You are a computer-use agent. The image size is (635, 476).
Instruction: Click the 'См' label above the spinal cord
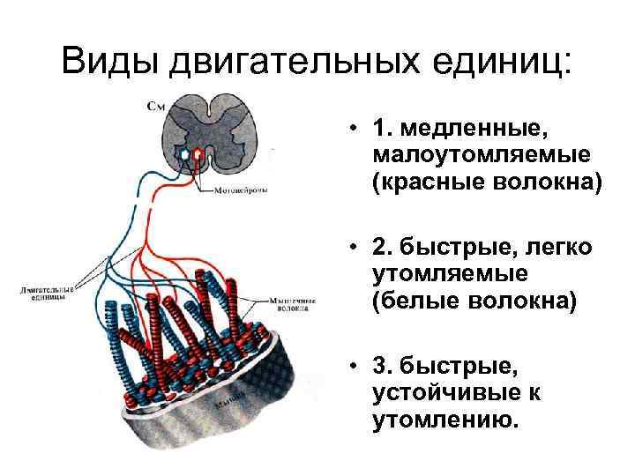154,107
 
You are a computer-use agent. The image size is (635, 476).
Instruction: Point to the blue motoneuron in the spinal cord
185,154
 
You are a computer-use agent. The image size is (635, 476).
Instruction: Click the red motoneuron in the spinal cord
198,154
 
